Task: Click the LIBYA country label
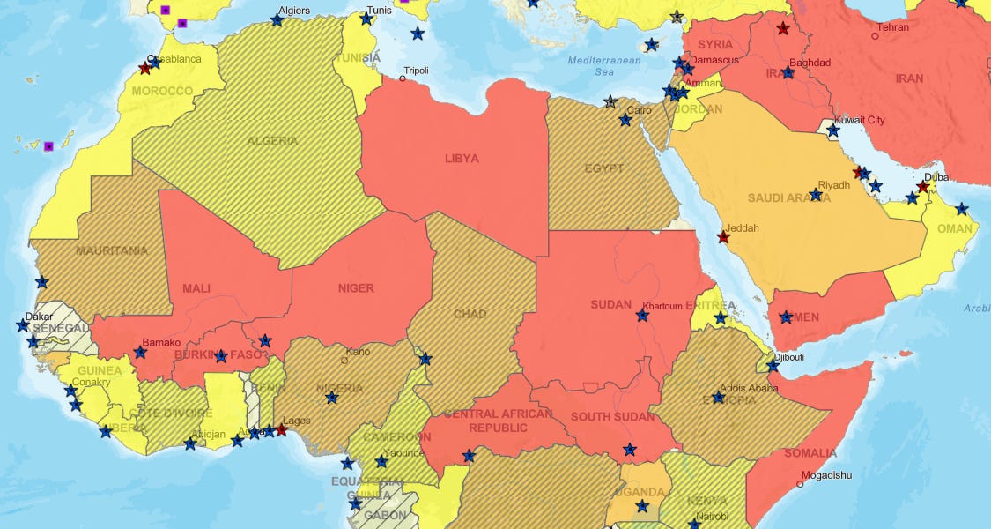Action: click(462, 159)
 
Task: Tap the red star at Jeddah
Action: click(723, 237)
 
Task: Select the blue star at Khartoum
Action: click(642, 316)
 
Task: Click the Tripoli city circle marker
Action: click(403, 78)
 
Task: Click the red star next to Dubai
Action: click(922, 187)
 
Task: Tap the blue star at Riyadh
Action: click(816, 195)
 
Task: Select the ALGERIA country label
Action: click(272, 141)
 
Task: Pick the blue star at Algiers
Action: click(277, 20)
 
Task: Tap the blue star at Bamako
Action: click(140, 353)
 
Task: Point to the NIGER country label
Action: click(356, 288)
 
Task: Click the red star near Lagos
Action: click(281, 430)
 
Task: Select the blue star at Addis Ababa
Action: click(719, 398)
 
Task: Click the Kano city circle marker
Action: click(344, 360)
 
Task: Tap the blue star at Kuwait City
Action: click(832, 130)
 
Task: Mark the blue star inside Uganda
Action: click(642, 506)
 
